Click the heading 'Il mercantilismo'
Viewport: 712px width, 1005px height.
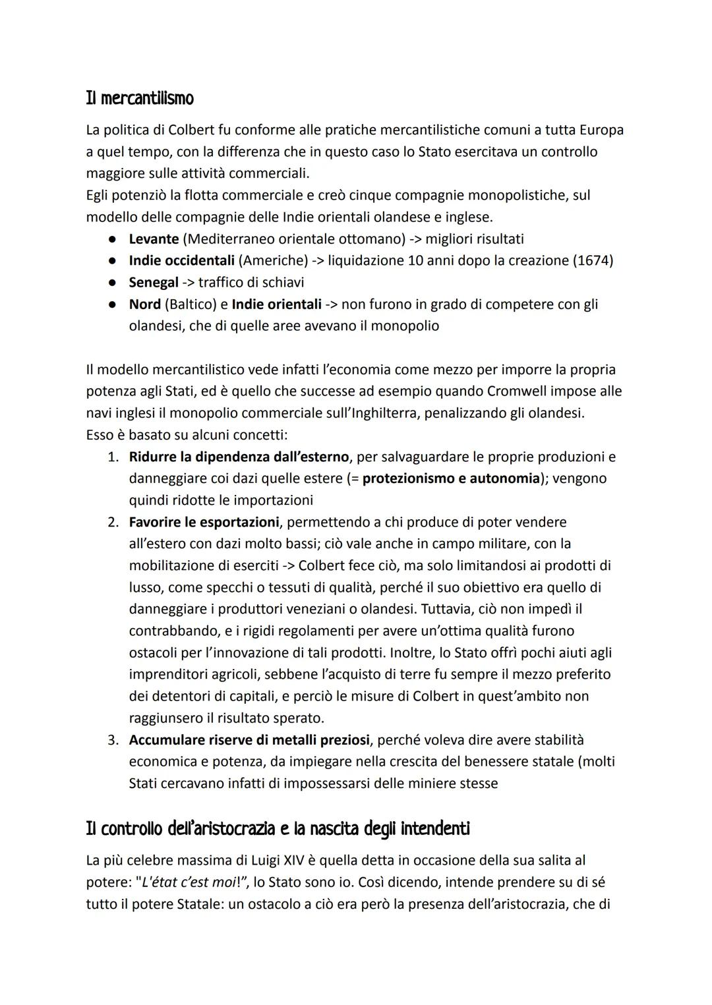pos(140,99)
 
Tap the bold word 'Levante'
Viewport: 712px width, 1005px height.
pos(154,239)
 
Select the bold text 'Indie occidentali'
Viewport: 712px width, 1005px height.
pos(181,260)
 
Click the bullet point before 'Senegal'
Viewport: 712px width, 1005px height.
pos(113,283)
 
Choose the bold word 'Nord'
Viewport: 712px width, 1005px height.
pos(144,304)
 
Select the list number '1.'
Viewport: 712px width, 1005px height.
pos(113,457)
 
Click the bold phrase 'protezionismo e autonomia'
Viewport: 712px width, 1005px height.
pos(451,478)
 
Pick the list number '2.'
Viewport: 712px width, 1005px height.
pos(113,522)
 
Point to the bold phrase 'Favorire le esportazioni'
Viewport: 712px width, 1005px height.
pos(204,522)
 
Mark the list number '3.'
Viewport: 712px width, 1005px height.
pos(113,740)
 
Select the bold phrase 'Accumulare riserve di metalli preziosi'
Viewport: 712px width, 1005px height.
pos(249,740)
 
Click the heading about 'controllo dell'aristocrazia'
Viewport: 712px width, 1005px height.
pos(278,828)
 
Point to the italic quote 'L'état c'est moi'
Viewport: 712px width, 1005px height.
pos(191,882)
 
